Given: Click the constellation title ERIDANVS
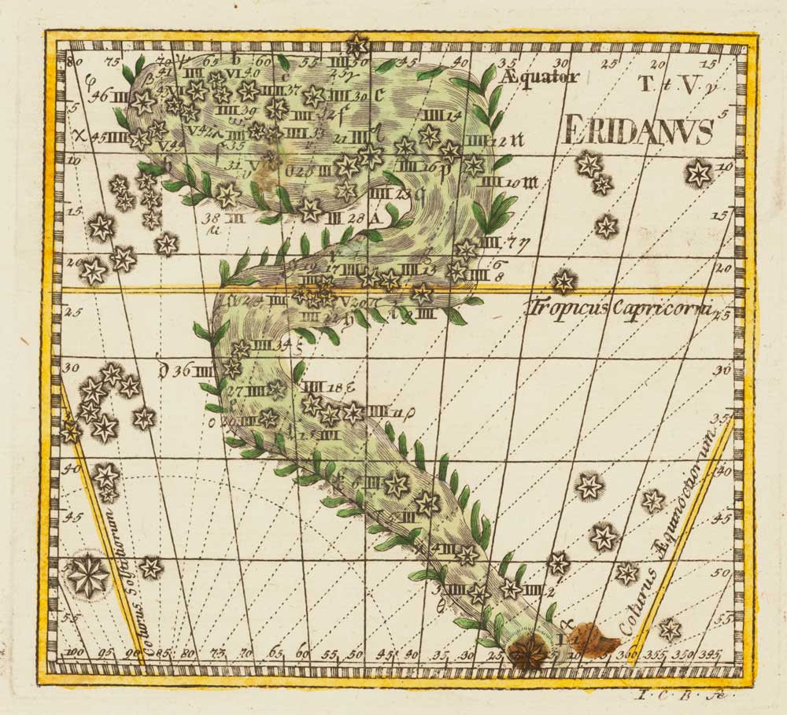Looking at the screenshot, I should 638,131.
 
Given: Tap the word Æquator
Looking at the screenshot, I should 543,76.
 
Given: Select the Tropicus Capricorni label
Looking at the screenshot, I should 620,308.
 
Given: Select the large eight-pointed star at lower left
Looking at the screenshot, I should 88,576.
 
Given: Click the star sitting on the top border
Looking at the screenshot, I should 359,43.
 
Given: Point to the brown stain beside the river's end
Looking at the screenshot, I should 594,638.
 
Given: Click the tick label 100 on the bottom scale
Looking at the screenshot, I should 76,653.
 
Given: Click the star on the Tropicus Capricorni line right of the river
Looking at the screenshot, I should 563,281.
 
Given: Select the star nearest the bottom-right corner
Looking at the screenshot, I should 670,629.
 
